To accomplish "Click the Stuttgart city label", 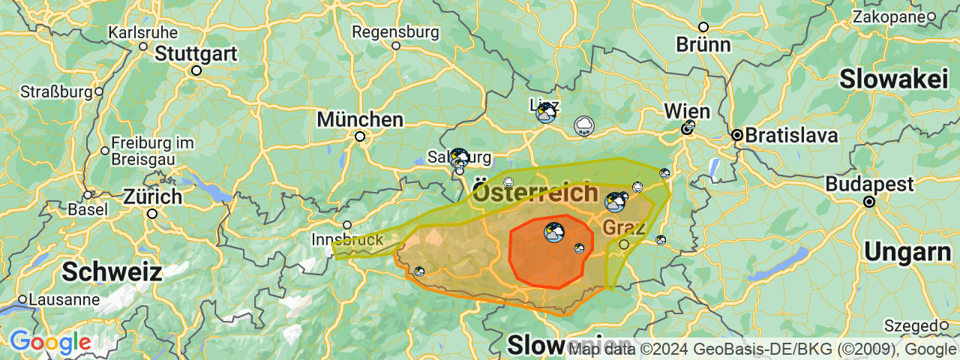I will pos(196,54).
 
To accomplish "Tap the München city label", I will pos(360,119).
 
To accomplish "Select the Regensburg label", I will pos(395,32).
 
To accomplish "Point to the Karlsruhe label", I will pos(143,32).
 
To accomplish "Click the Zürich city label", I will pos(152,197).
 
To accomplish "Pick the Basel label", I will pos(87,208).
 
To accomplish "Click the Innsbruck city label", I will pos(347,240).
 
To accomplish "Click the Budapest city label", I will pos(869,184).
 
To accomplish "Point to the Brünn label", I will pos(703,44).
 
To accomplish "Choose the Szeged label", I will pos(910,325).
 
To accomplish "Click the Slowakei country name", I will pos(894,78).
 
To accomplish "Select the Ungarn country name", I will pos(907,253).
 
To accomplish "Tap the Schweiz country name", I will pos(112,271).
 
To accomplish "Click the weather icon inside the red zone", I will pos(555,232).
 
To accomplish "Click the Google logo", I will pos(50,343).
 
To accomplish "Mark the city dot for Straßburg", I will pos(98,92).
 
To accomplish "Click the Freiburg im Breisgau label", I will pos(142,150).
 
